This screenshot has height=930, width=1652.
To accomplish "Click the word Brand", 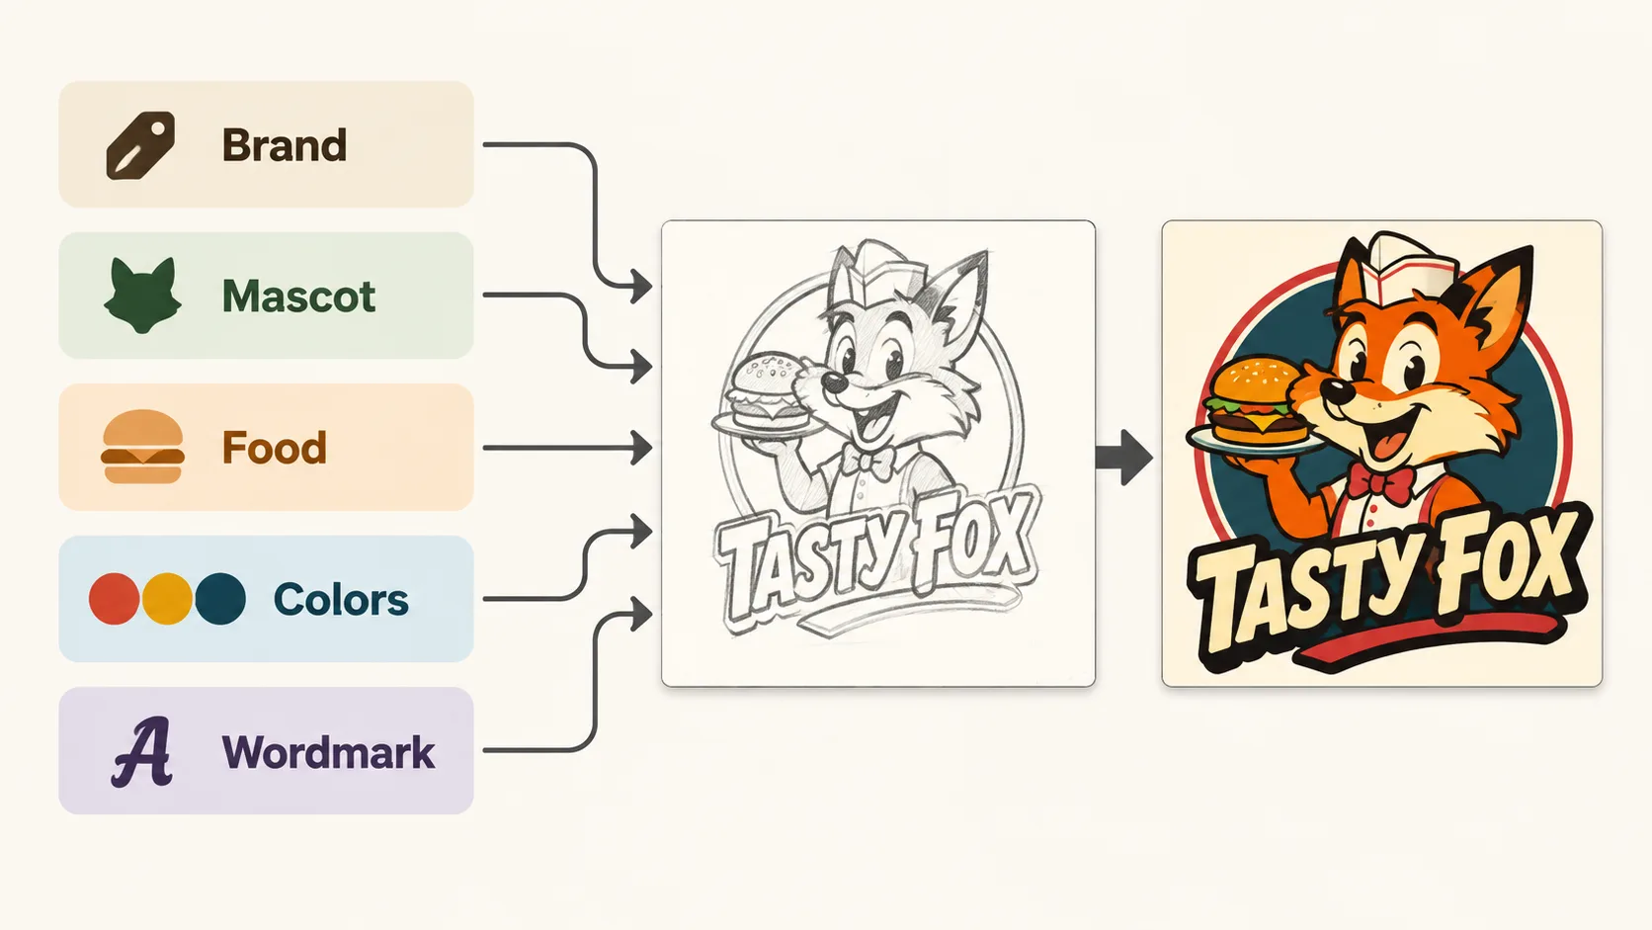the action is point(284,145).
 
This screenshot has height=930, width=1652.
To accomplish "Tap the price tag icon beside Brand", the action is point(141,145).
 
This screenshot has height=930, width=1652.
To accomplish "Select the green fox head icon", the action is point(142,295).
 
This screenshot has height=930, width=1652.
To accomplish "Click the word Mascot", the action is point(298,296).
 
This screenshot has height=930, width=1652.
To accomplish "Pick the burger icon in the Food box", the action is point(142,447).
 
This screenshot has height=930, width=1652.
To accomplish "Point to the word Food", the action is point(274,448).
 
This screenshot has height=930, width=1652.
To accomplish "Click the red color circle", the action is point(114,599).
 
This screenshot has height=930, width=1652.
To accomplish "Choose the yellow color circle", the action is point(167,599).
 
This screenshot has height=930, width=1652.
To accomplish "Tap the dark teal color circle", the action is point(220,599).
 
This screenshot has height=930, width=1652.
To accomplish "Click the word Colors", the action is point(341,599).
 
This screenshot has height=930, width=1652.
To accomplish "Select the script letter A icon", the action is point(141,751).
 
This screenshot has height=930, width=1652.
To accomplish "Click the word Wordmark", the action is point(328,752).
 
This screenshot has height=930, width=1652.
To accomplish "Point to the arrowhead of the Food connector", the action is point(642,448).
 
